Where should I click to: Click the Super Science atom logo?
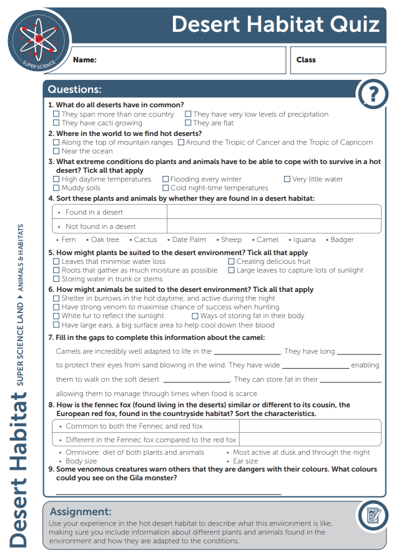click(36, 39)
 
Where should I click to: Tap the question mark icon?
click(373, 94)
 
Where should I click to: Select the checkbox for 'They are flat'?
click(188, 124)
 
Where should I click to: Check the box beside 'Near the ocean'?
click(57, 152)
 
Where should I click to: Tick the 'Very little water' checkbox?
click(287, 180)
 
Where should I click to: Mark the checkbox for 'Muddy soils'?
click(57, 188)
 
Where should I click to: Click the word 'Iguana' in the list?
click(303, 240)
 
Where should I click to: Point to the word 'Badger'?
click(342, 240)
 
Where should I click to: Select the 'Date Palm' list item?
click(189, 240)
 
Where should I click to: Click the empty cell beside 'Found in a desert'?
click(273, 212)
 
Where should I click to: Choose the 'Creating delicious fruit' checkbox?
click(232, 262)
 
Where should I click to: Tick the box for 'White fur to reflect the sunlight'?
click(57, 316)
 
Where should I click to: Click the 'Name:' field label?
click(85, 61)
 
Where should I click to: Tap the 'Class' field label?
click(306, 60)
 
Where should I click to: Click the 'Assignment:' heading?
click(81, 512)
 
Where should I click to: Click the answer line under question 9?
click(169, 493)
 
